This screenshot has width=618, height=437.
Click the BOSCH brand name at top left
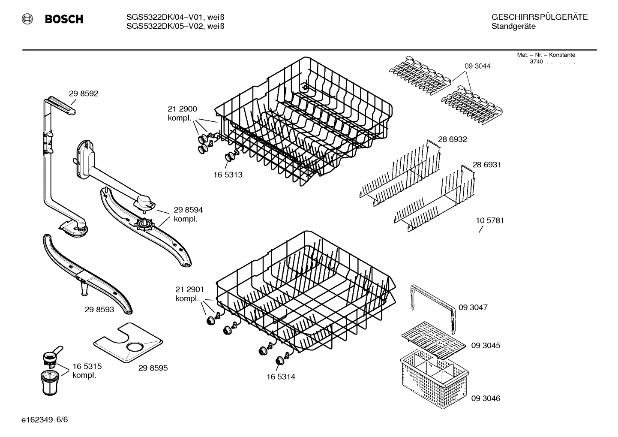click(x=64, y=19)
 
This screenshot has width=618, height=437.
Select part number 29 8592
click(x=84, y=93)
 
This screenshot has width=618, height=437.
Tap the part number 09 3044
click(x=477, y=66)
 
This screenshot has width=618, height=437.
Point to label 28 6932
click(x=452, y=139)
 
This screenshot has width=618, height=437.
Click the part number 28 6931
click(x=486, y=165)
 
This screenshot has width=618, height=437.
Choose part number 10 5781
click(x=489, y=220)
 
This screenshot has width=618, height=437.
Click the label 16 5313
click(x=228, y=175)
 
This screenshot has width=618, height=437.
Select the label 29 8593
click(x=99, y=309)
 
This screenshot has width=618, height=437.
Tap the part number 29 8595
click(x=153, y=368)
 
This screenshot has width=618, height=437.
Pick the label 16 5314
click(x=281, y=377)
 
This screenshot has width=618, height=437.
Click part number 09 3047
click(x=473, y=307)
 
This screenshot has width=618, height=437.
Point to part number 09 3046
click(x=486, y=398)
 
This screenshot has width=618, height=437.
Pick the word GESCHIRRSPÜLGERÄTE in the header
click(x=539, y=17)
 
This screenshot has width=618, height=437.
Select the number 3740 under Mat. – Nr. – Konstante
click(x=536, y=62)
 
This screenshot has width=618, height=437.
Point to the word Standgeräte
click(x=513, y=27)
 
